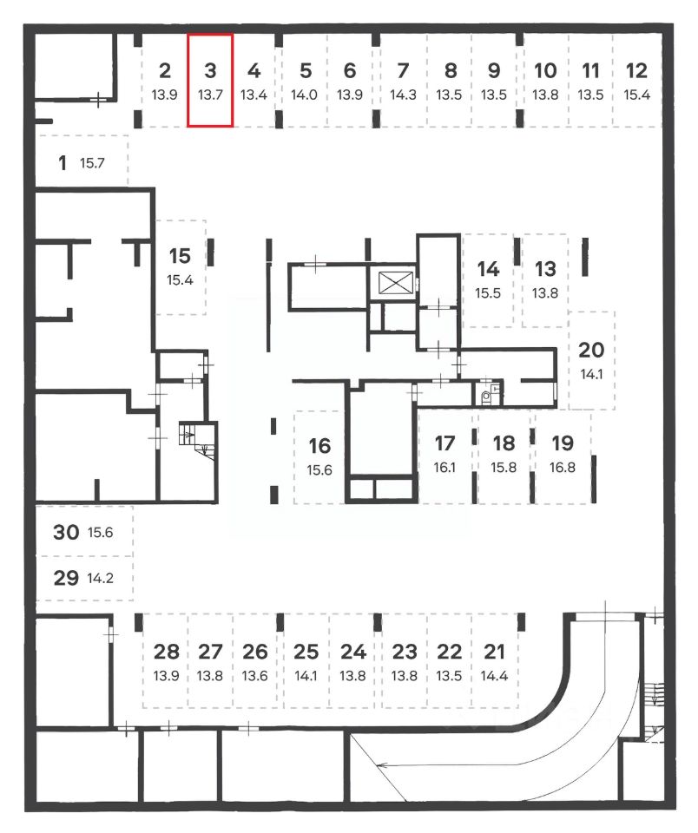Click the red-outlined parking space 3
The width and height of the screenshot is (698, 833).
coord(210,81)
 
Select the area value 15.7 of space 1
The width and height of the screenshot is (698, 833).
coord(92,162)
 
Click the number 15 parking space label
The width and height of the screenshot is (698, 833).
coord(180,256)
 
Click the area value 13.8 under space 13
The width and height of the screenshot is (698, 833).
coord(545,293)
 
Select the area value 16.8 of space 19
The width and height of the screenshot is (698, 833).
coord(563,467)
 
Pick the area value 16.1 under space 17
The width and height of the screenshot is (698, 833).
coord(444,467)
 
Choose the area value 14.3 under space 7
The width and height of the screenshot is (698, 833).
coord(403,95)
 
